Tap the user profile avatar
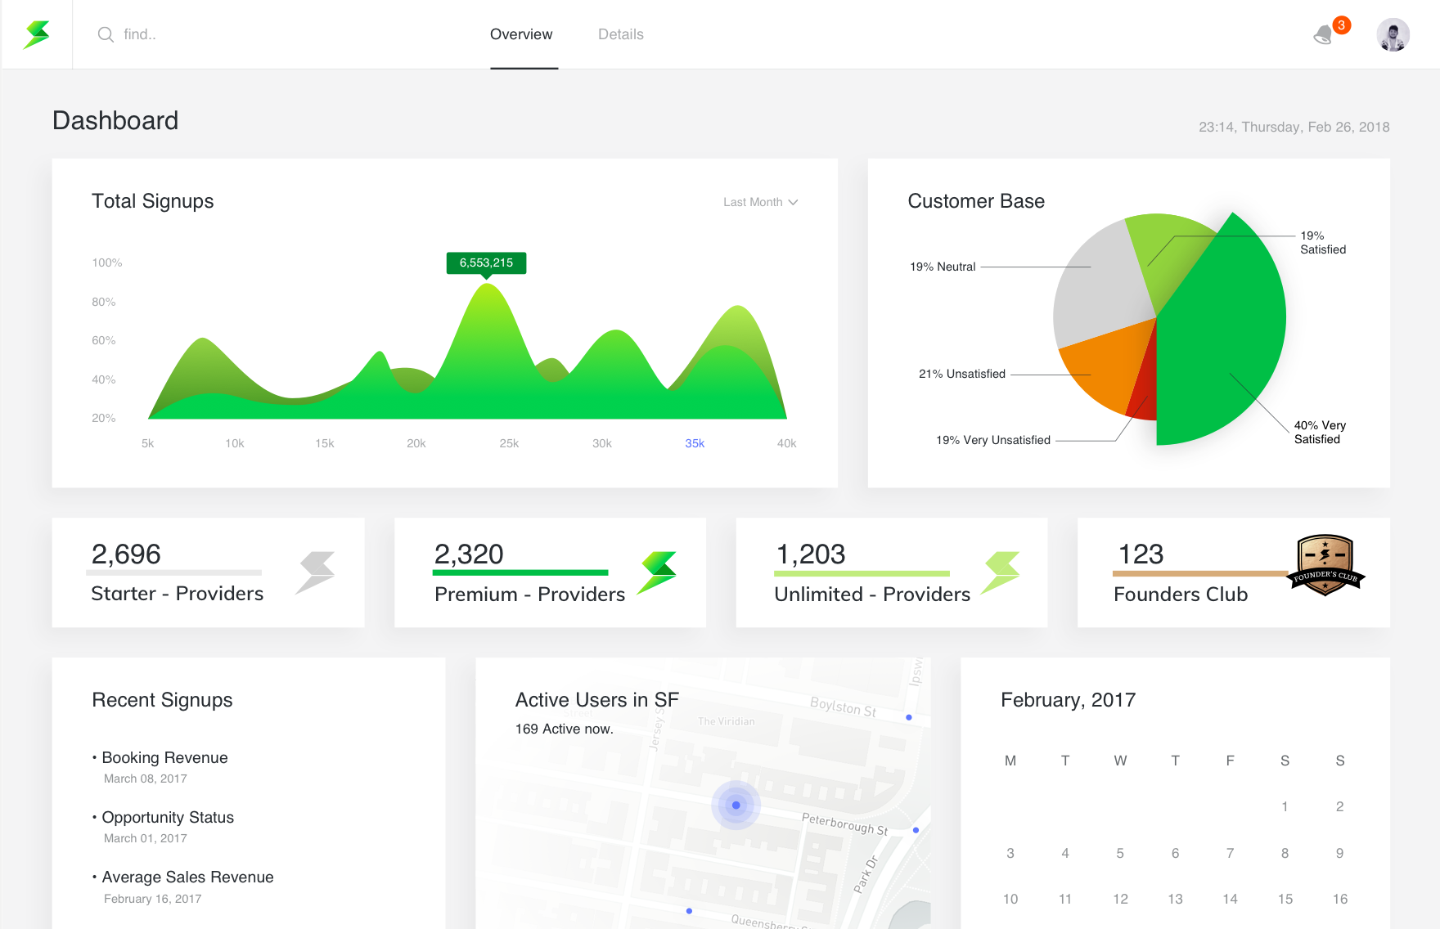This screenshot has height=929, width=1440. coord(1393,35)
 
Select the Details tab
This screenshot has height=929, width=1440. coord(620,34)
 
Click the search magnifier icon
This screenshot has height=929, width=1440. coord(106,34)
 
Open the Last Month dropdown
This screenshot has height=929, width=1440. coord(760,202)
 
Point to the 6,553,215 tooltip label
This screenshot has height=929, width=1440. coord(486,263)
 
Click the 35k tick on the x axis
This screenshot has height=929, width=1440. coord(695,443)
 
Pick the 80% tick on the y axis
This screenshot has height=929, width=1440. coord(104,302)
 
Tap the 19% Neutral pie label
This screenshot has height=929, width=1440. coord(943,267)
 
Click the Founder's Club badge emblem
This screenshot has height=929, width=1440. coord(1325,564)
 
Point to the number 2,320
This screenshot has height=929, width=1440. coord(469,554)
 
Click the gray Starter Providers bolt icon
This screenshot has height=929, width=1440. coord(316,572)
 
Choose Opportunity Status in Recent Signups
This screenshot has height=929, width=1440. coord(168,817)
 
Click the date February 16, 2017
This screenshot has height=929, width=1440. coord(152,899)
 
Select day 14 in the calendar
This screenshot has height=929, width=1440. coord(1230,899)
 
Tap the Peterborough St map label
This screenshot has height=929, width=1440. coord(844,824)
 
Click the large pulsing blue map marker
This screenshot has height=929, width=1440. coord(736,805)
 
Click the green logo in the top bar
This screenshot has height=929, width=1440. coord(37,34)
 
